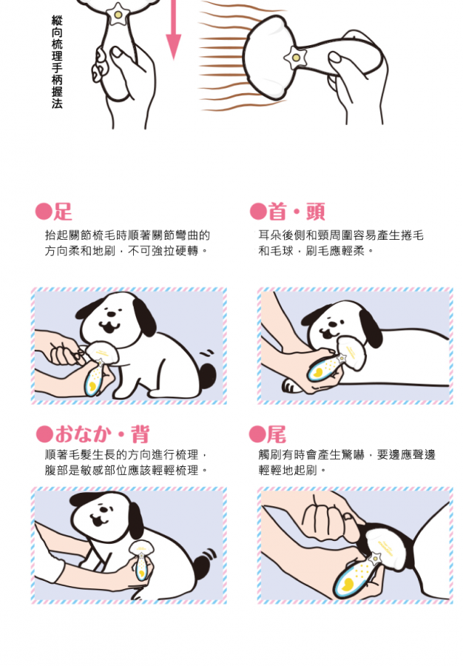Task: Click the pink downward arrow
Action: pyautogui.click(x=173, y=29)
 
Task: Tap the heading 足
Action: pyautogui.click(x=62, y=212)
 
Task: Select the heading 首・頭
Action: pyautogui.click(x=297, y=212)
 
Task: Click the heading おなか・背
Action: pyautogui.click(x=102, y=434)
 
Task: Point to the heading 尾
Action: pyautogui.click(x=277, y=434)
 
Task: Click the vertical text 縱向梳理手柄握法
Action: pyautogui.click(x=57, y=62)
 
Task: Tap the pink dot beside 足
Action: pyautogui.click(x=44, y=212)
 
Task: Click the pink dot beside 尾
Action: pyautogui.click(x=257, y=434)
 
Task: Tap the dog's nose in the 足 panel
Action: pyautogui.click(x=111, y=314)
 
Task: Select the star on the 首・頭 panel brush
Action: pyautogui.click(x=342, y=359)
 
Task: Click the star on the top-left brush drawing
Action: pyautogui.click(x=118, y=16)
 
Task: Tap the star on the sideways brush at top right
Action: pyautogui.click(x=295, y=57)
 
